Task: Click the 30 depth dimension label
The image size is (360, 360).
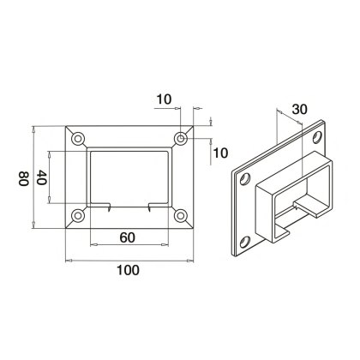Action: [299, 109]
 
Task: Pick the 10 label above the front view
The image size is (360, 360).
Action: [165, 100]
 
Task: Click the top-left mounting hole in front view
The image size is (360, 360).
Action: [79, 137]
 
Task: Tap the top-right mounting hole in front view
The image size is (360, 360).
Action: [181, 137]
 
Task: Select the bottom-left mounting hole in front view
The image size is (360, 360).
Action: [79, 216]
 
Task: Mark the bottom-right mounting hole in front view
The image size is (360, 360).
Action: [181, 216]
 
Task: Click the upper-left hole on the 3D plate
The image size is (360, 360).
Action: [247, 179]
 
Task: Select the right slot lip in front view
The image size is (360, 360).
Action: [153, 207]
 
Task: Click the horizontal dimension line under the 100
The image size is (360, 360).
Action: [129, 259]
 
